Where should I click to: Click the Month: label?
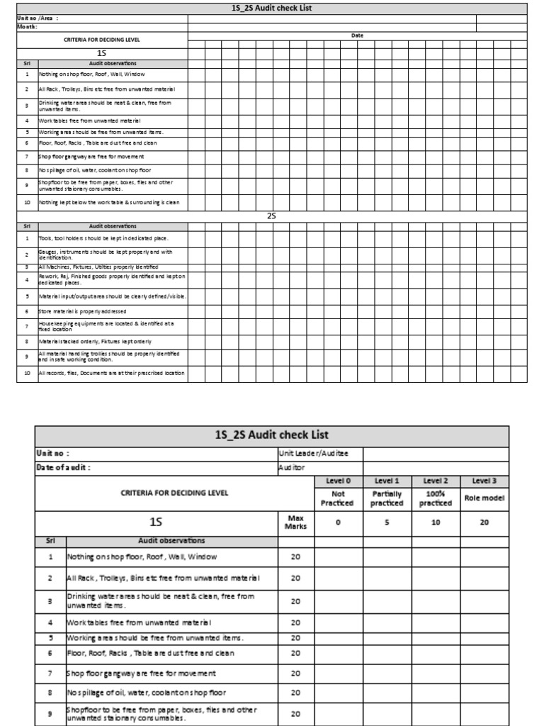(28, 27)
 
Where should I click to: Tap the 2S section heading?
(271, 216)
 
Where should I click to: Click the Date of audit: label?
(64, 467)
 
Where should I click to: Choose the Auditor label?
(291, 468)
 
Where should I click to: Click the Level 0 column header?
(338, 481)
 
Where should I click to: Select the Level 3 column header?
(484, 481)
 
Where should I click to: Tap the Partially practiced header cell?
(387, 498)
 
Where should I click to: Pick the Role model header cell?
(484, 498)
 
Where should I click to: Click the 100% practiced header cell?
(436, 498)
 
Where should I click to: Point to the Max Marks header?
(295, 523)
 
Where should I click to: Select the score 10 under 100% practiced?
(436, 523)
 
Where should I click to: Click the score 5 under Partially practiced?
(387, 523)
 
